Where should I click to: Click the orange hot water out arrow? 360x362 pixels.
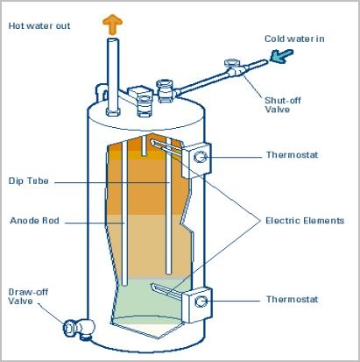point(112,25)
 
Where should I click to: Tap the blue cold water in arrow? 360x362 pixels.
point(281,56)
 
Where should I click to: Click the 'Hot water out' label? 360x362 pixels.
point(39,25)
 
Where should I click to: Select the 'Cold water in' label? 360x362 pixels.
point(294,39)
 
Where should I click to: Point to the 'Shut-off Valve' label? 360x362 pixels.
point(282,105)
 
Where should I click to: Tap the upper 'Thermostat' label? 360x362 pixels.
point(292,154)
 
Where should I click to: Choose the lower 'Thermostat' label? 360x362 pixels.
point(292,299)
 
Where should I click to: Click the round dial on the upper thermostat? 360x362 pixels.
point(200,157)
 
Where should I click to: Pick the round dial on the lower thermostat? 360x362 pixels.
point(201,302)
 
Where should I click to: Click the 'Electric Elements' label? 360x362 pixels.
point(305,221)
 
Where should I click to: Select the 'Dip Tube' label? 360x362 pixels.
point(29,181)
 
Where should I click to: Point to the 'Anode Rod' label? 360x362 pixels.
point(35,221)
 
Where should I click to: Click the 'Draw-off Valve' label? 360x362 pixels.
point(28,296)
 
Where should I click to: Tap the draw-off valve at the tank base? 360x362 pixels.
point(79,329)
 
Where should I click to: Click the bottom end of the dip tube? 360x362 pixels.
point(168,273)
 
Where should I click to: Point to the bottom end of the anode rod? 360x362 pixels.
point(124,284)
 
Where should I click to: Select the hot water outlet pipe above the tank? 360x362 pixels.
point(113,76)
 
